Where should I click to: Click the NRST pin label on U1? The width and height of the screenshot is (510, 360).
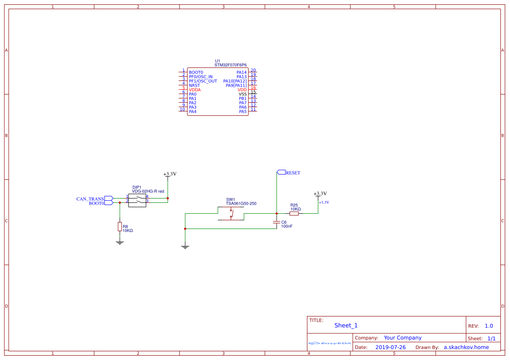194,85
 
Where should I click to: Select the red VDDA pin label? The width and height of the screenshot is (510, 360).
195,90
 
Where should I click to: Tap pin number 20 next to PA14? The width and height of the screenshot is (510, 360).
253,71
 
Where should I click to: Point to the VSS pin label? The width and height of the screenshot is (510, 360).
243,94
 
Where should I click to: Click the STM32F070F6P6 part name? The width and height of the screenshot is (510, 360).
230,65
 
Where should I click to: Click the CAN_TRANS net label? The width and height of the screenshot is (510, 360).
90,199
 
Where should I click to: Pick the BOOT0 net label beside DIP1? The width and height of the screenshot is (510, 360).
96,203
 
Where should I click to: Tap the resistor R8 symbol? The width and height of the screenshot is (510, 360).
120,227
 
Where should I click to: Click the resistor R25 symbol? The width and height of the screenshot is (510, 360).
294,213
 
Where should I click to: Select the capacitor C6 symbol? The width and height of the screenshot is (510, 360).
276,222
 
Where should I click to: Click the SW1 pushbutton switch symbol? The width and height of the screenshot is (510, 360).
231,213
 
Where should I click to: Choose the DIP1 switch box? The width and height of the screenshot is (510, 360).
137,200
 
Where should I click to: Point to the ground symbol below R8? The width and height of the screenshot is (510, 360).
120,242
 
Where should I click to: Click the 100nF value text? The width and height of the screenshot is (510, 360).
287,226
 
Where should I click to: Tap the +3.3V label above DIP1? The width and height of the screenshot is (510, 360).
170,174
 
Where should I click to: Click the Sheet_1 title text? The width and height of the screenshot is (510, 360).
346,325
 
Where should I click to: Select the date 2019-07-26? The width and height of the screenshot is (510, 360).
390,347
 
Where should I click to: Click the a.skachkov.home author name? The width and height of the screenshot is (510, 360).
466,347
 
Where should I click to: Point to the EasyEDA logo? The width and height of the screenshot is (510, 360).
330,343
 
